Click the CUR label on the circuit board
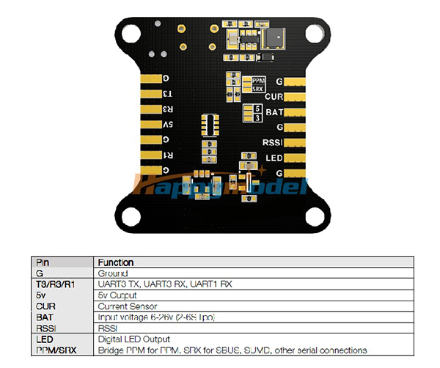[274, 96]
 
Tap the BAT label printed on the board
[274, 111]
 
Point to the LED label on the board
[274, 158]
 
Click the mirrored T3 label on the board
[167, 94]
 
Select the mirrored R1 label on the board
[167, 155]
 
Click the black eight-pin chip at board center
[210, 125]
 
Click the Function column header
[116, 262]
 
